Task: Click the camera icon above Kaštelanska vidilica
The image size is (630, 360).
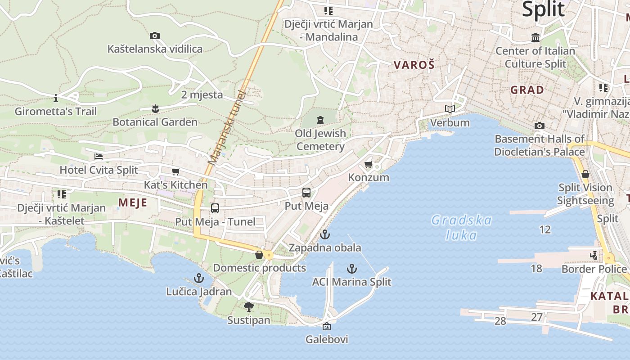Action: (x=155, y=36)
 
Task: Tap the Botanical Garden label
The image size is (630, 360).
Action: (x=155, y=122)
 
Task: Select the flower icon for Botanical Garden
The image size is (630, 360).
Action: (x=155, y=108)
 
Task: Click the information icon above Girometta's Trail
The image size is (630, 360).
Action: (x=56, y=98)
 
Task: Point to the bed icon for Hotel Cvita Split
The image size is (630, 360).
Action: (x=99, y=157)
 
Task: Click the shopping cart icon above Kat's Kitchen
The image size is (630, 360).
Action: (x=175, y=171)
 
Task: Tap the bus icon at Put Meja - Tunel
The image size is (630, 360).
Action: (x=215, y=208)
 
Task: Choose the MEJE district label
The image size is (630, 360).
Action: (x=133, y=202)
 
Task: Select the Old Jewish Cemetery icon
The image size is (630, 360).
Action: (x=320, y=120)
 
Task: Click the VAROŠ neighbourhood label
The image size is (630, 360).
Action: (x=414, y=65)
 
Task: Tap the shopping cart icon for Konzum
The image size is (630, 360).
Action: (x=369, y=164)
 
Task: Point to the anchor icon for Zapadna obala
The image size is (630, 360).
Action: (x=324, y=234)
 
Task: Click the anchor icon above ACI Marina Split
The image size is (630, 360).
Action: (x=352, y=269)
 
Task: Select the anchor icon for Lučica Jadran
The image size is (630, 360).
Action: (x=199, y=278)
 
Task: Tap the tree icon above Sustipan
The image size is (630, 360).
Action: (x=248, y=307)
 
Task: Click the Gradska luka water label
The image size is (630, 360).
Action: (x=461, y=227)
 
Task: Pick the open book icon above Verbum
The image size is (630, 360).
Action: (x=450, y=109)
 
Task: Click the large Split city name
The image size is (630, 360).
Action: (x=543, y=9)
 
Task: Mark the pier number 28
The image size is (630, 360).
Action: (x=500, y=321)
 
